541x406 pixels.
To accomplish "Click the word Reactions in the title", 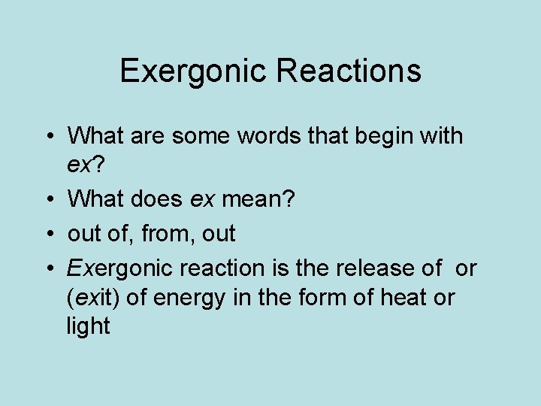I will click(x=349, y=71).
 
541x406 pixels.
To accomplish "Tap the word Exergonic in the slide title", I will click(x=194, y=71).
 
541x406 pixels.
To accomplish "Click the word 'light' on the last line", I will click(x=88, y=326).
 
